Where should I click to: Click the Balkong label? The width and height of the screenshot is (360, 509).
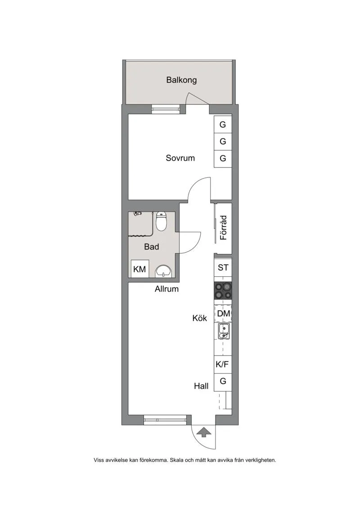[x=181, y=80]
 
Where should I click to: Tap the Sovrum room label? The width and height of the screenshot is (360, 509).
[x=180, y=158]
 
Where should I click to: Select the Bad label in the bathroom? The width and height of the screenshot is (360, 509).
[x=152, y=247]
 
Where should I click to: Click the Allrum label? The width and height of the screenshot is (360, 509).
[x=166, y=289]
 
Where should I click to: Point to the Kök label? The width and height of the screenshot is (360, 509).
[x=199, y=318]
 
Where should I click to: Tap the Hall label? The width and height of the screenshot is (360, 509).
[x=201, y=386]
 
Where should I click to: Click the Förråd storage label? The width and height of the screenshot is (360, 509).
[x=223, y=228]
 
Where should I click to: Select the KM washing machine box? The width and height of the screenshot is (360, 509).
[x=140, y=269]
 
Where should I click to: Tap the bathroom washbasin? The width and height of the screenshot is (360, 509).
[x=163, y=271]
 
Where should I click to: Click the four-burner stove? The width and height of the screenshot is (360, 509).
[x=223, y=291]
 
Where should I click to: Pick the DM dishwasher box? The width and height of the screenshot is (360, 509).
[x=223, y=313]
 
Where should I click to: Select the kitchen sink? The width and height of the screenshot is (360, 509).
[x=223, y=332]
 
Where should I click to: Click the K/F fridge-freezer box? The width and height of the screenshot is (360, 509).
[x=223, y=365]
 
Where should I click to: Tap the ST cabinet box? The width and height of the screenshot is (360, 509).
[x=223, y=267]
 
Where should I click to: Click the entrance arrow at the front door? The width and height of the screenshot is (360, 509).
[x=204, y=432]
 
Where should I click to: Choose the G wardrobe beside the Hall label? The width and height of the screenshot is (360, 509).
[x=223, y=382]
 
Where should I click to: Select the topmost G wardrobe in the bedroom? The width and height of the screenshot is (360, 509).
[x=223, y=125]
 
